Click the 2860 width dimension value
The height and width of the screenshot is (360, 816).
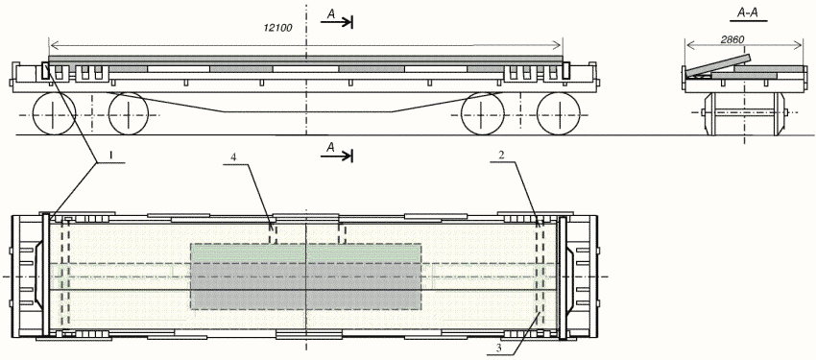[733, 39]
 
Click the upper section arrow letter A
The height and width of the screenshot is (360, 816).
[330, 15]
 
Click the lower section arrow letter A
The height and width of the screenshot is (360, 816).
[330, 148]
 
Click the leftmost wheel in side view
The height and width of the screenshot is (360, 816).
[54, 113]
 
